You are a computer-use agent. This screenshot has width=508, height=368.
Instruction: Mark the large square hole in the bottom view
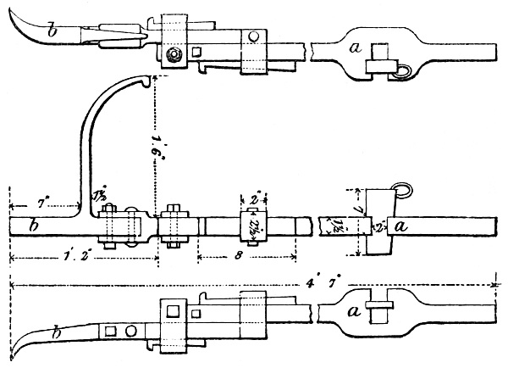coord(173,313)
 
